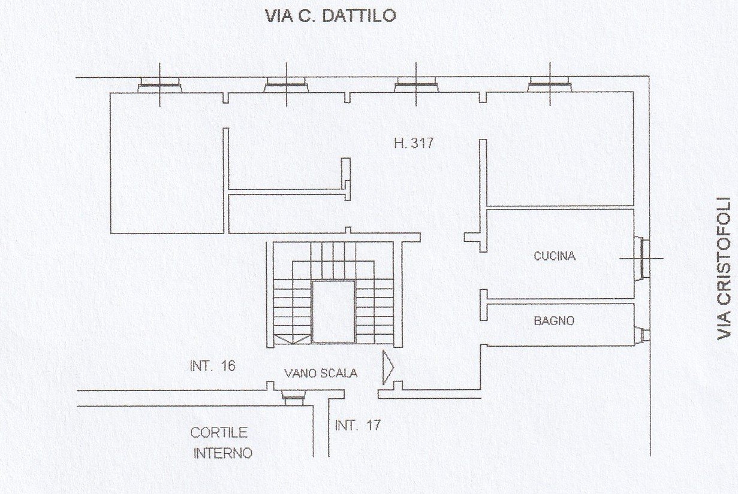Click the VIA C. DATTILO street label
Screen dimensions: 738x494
click(x=330, y=16)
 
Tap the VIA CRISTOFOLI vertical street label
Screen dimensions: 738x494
click(x=724, y=268)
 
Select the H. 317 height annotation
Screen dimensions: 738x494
click(x=414, y=143)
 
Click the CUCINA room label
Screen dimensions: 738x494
click(x=555, y=256)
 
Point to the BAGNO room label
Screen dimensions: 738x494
click(x=554, y=321)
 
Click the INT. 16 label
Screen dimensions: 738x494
click(x=212, y=366)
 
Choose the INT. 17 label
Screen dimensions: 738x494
click(x=358, y=425)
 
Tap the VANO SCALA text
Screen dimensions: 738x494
click(x=321, y=373)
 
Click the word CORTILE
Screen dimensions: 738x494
click(x=219, y=432)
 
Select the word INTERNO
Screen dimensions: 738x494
click(x=222, y=453)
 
